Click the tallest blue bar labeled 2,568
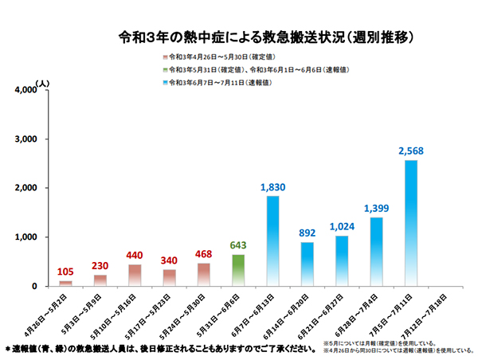click(x=410, y=223)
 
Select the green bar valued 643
click(x=238, y=270)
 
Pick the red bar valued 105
click(x=65, y=283)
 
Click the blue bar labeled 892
click(x=308, y=264)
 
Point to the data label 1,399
click(x=376, y=208)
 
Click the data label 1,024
click(x=342, y=226)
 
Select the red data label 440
click(x=134, y=256)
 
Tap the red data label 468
click(x=203, y=254)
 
